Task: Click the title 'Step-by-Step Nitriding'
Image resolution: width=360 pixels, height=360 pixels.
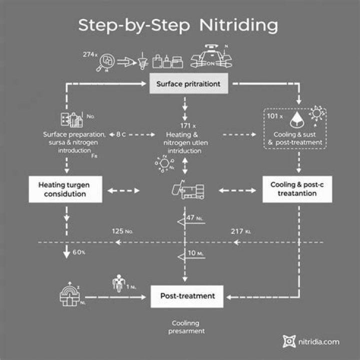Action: (x=178, y=25)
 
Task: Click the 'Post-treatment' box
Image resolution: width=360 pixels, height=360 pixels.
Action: (x=187, y=296)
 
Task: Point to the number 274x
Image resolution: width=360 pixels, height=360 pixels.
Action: (x=90, y=54)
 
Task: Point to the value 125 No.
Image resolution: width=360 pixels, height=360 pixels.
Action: (x=122, y=231)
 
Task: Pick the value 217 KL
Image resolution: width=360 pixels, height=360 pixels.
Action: (x=241, y=231)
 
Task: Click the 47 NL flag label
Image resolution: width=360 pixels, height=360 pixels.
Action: (x=193, y=218)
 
